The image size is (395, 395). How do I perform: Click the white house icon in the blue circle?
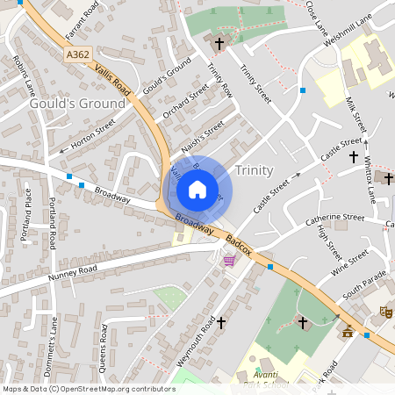[197, 190]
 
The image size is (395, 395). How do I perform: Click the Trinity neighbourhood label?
[255, 170]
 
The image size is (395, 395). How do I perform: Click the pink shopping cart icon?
[229, 260]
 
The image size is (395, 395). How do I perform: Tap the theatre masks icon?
[384, 311]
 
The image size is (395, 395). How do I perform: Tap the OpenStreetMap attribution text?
[88, 388]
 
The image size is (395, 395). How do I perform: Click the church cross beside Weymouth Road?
[220, 322]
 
